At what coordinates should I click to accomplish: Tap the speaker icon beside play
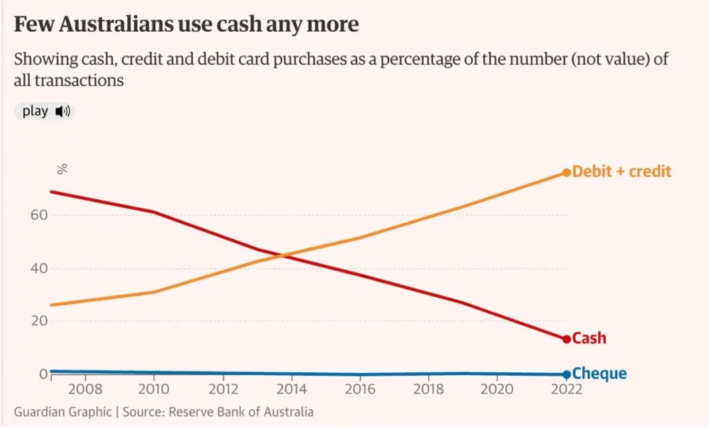[63, 111]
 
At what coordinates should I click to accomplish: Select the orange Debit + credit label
[622, 171]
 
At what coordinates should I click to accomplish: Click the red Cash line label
[589, 338]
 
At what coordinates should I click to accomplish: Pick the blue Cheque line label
[600, 374]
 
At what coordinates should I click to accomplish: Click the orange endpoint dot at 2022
[566, 172]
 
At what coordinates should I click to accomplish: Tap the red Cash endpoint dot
[566, 339]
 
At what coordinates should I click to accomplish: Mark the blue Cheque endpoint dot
[566, 374]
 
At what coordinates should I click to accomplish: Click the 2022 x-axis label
[566, 389]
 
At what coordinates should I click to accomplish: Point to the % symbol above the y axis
[62, 168]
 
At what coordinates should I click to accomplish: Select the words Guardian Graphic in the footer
[62, 412]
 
